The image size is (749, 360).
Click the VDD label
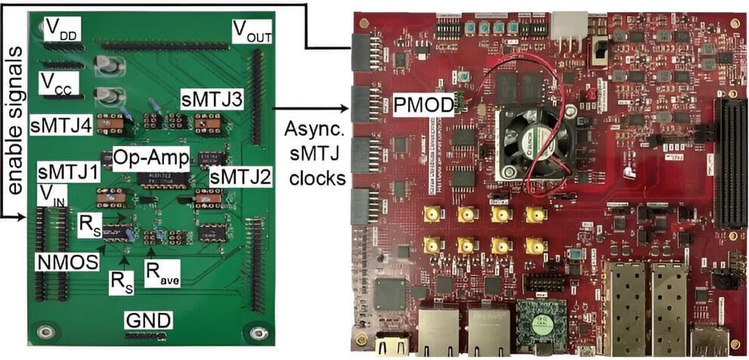click(62, 30)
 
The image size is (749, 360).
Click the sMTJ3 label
click(212, 101)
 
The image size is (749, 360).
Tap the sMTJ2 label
click(240, 178)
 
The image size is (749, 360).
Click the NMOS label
click(68, 261)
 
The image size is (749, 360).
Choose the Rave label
click(163, 274)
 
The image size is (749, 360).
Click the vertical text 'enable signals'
click(15, 120)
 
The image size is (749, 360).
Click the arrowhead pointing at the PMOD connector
click(346, 109)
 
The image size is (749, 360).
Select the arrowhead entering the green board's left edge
click(20, 218)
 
